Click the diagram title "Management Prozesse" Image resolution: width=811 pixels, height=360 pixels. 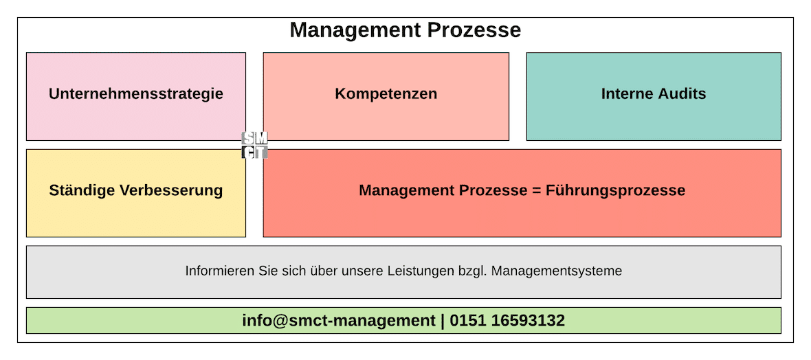(405, 30)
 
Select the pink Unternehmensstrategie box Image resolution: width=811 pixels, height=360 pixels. (136, 96)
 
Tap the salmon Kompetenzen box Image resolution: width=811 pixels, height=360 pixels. (386, 96)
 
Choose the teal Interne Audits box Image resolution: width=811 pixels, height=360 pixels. (654, 96)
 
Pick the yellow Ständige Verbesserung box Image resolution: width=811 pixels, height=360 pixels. (136, 193)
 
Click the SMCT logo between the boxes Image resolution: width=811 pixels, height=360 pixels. (254, 145)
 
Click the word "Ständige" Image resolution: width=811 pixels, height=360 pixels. (82, 190)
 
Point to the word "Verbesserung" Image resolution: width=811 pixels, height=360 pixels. (171, 190)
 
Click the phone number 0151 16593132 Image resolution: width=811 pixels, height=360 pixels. (507, 321)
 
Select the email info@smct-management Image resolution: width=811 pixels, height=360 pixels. (339, 321)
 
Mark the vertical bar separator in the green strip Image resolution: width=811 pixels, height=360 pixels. (443, 322)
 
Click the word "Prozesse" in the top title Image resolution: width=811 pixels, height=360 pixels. (474, 30)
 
